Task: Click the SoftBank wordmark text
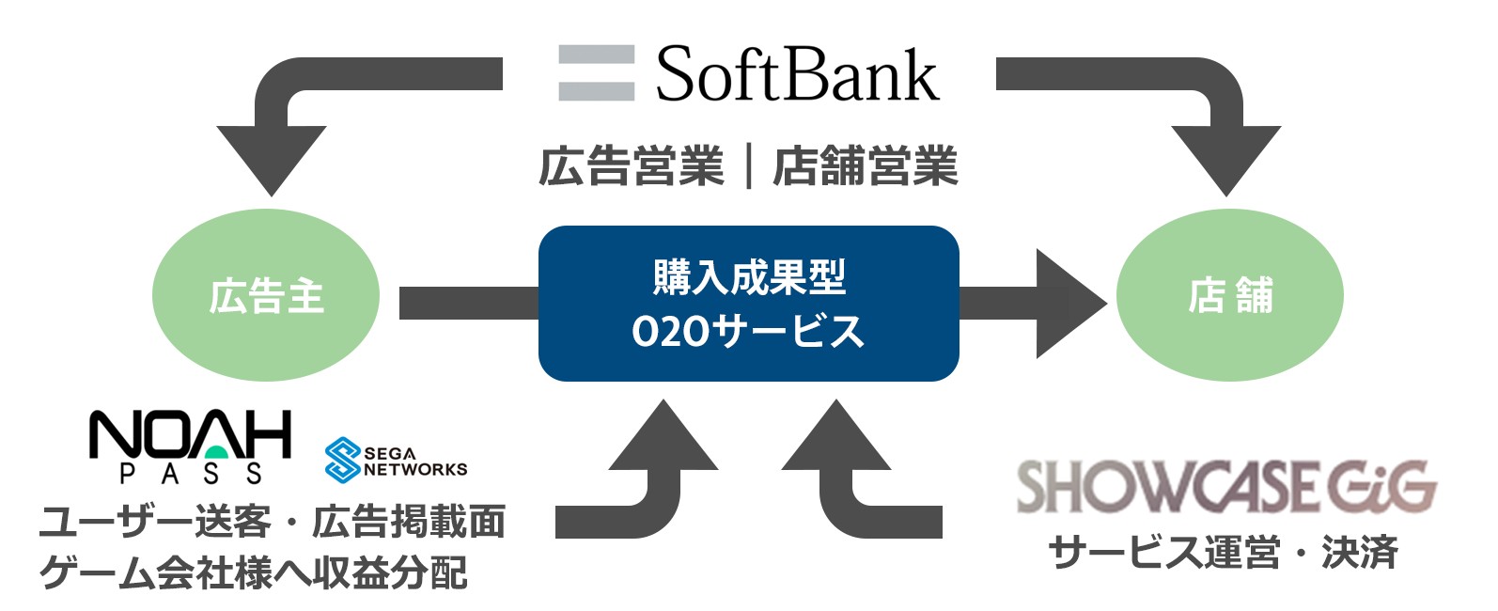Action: coord(796,75)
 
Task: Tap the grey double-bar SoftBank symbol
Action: coord(596,73)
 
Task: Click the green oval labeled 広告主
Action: coord(266,297)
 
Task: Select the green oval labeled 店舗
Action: coord(1229,296)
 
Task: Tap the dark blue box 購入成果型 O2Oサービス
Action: coord(748,303)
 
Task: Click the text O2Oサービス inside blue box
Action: coord(748,331)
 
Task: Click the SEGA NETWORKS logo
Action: coord(396,460)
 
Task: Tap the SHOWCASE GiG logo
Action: coord(1226,486)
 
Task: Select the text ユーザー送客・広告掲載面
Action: coord(273,522)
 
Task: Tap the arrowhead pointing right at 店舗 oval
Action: coord(1067,304)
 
